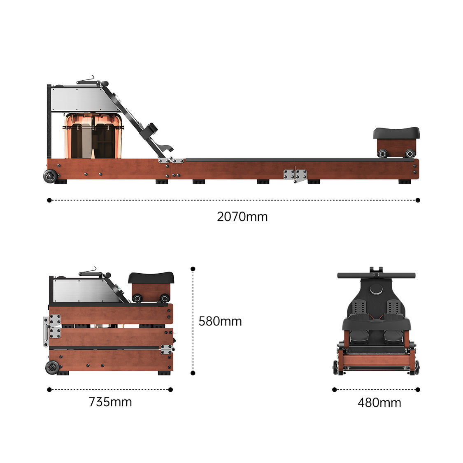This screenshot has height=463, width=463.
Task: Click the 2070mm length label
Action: (242, 216)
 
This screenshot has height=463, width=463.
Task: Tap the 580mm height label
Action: (220, 321)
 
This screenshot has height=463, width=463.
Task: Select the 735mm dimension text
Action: (110, 402)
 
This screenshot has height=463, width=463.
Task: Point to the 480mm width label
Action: (379, 403)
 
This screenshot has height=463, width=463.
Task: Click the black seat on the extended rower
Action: (396, 133)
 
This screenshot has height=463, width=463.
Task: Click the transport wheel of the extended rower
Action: (51, 176)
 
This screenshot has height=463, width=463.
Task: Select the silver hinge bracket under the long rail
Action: (295, 175)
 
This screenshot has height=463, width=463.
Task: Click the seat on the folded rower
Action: (151, 277)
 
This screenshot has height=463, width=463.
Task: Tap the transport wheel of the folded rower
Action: (53, 367)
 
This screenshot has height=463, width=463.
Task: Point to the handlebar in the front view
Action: (376, 275)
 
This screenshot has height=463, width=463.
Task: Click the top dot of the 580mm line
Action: (193, 269)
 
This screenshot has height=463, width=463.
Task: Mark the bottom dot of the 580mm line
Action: (193, 373)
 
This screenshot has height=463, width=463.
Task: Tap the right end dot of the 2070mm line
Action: (418, 200)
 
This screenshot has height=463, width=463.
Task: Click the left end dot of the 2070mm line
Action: (49, 200)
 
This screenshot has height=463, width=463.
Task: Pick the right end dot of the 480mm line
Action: (418, 390)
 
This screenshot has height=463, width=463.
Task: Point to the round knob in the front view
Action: (375, 290)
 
